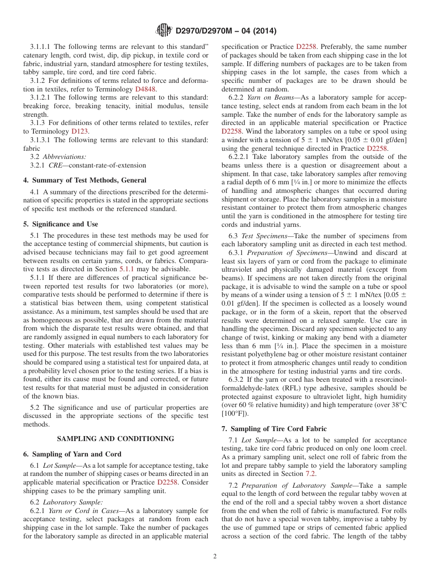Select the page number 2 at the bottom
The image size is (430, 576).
pyautogui.click(x=215, y=557)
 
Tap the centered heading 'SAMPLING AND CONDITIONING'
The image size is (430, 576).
pyautogui.click(x=115, y=439)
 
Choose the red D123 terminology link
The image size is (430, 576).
pyautogui.click(x=80, y=131)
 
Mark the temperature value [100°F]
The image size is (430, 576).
pyautogui.click(x=234, y=413)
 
